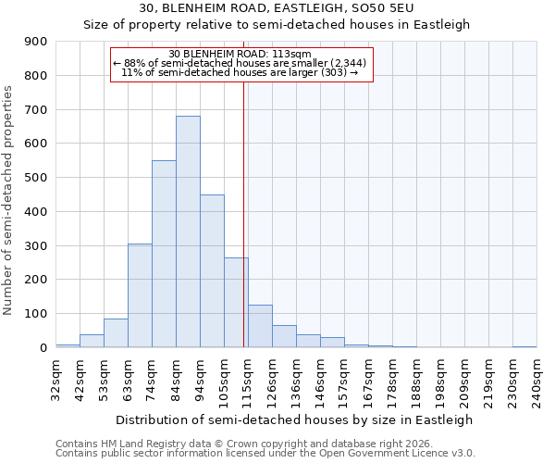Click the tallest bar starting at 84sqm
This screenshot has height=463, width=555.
point(188,231)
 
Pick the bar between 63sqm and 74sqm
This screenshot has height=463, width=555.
point(140,295)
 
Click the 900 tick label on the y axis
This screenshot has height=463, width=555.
point(36,42)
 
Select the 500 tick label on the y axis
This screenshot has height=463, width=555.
point(36,178)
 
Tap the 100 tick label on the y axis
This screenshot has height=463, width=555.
point(36,314)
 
